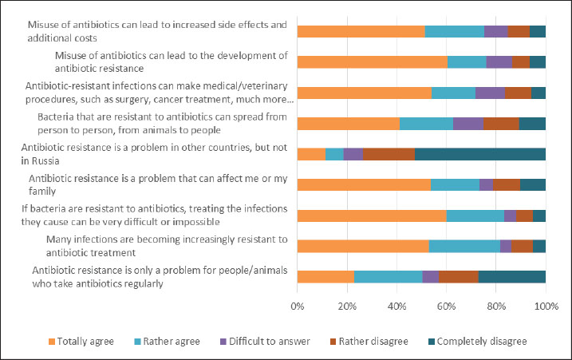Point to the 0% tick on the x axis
tap(298, 306)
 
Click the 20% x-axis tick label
tap(347, 306)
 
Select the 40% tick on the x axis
tap(396, 306)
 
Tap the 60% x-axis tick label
tap(446, 306)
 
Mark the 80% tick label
tap(496, 306)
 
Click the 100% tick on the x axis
tap(546, 306)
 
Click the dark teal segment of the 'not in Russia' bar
tap(479, 154)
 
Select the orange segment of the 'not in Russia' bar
tap(311, 154)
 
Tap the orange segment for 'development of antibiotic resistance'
tap(372, 61)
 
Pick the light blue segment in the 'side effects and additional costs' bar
tap(454, 31)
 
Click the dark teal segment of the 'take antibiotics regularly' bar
tap(511, 277)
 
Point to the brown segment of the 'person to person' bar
tap(501, 123)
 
